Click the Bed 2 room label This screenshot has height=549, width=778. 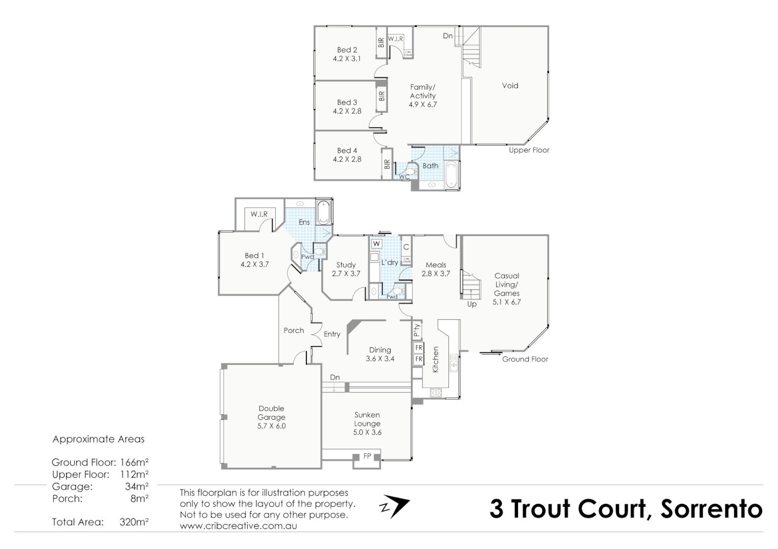pos(347,54)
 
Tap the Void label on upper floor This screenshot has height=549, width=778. pos(510,85)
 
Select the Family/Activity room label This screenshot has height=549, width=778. pos(422,96)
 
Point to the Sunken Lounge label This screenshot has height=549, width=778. pos(367,423)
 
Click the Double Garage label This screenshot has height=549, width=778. pos(271,417)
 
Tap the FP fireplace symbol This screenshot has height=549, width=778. pos(367,456)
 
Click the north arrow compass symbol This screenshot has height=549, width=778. pos(394,506)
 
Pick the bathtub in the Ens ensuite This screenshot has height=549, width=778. pos(323,212)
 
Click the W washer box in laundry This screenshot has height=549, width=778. pos(377,244)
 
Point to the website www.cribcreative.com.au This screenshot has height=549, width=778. pos(238,526)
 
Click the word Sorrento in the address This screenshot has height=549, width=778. pos(711,509)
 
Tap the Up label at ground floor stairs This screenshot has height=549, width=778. pos(472,304)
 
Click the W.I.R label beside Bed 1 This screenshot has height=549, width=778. pos(259,214)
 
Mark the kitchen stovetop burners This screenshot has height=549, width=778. pos(436,392)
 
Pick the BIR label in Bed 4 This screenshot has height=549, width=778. pos(387,164)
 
